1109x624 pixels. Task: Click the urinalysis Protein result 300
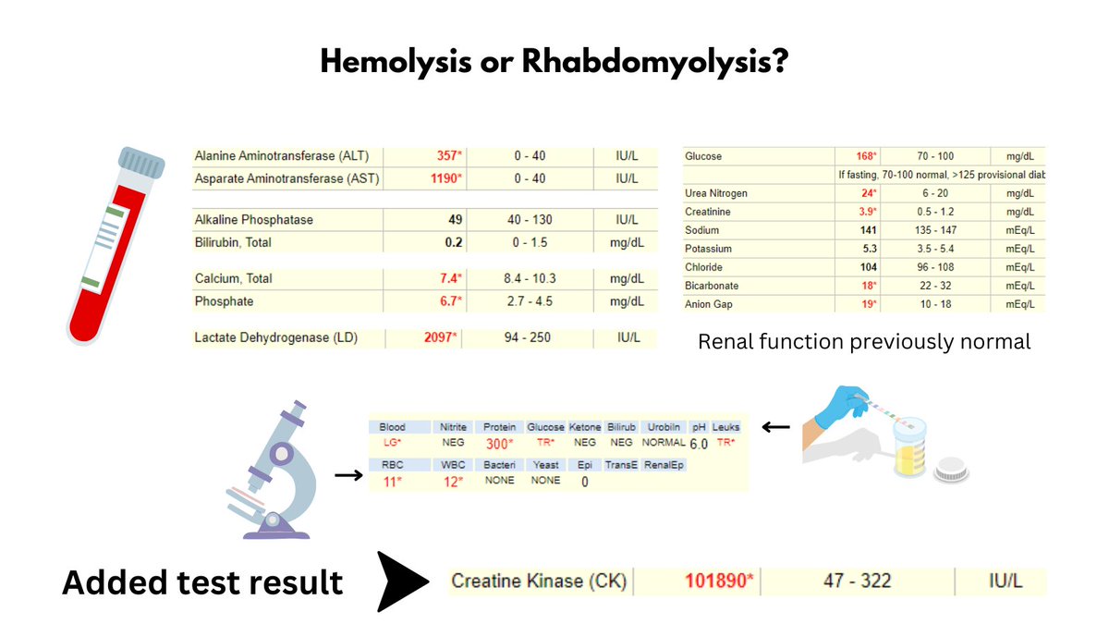click(499, 444)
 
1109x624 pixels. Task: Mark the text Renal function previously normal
click(864, 341)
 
